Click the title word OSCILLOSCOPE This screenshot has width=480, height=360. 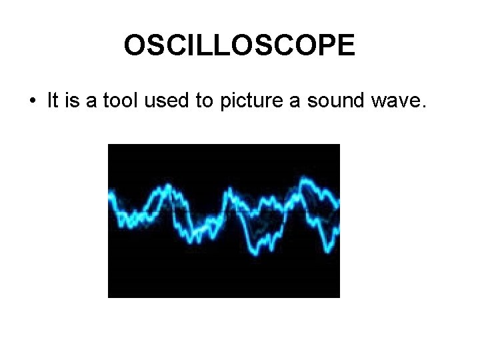tap(239, 45)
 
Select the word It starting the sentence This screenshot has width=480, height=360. tap(53, 101)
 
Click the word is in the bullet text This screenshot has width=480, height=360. tap(72, 101)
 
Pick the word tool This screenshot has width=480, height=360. tap(115, 101)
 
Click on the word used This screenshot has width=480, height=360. tap(155, 101)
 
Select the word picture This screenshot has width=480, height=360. tap(234, 102)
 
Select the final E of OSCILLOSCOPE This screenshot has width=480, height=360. tap(345, 45)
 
